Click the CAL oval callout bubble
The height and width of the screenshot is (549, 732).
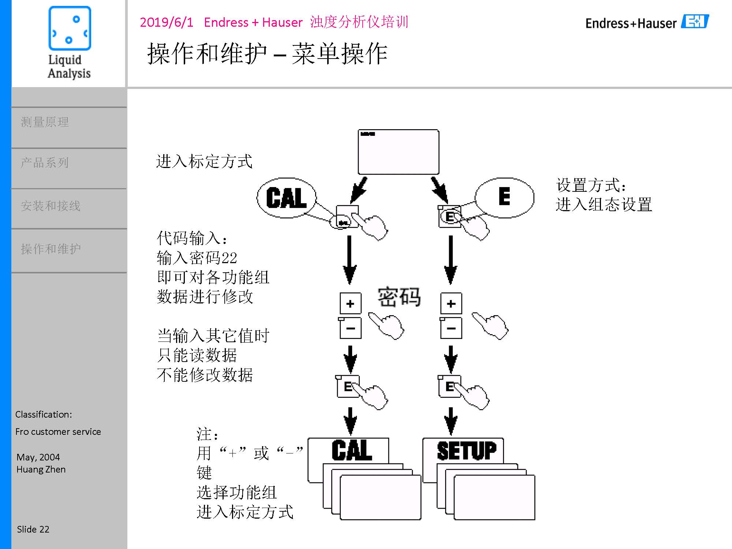(286, 198)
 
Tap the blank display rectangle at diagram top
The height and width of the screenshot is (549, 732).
(398, 152)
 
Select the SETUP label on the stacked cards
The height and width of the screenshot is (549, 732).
(466, 451)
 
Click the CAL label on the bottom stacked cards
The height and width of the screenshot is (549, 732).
(351, 451)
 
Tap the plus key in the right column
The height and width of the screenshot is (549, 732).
(451, 303)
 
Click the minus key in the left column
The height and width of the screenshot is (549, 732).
(350, 328)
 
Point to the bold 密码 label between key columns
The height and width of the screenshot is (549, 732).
(399, 296)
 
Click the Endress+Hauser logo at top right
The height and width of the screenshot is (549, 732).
(647, 23)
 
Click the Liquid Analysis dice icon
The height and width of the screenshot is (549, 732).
(70, 28)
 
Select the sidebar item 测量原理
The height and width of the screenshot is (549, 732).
(45, 122)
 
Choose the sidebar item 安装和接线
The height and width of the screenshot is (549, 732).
(51, 206)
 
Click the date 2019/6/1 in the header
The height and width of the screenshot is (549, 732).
(167, 22)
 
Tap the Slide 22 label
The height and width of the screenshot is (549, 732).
(33, 529)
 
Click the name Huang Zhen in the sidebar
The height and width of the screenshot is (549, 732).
(41, 469)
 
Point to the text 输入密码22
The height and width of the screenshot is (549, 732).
(197, 258)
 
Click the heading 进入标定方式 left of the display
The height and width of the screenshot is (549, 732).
(204, 161)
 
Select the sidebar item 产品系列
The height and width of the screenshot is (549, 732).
(45, 163)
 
